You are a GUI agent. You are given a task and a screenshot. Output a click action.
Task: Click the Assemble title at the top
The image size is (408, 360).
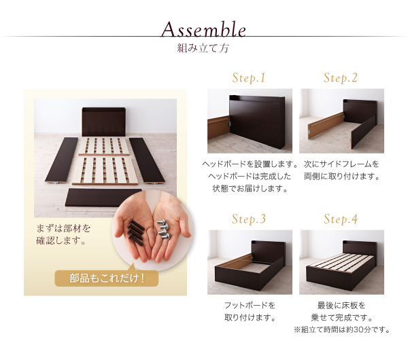click(203, 29)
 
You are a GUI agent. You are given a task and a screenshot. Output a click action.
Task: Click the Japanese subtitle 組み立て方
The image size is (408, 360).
click(203, 48)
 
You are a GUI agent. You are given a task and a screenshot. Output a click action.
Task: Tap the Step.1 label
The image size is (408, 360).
click(249, 78)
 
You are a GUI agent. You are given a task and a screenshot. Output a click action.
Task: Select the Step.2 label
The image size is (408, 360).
click(341, 78)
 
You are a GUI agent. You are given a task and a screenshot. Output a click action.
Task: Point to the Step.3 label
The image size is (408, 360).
click(249, 219)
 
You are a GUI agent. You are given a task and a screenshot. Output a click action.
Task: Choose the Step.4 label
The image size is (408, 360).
click(341, 219)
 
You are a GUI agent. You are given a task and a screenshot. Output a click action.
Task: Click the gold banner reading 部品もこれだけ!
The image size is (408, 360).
click(107, 278)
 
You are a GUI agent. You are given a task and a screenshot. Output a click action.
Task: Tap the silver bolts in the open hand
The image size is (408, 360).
click(164, 230)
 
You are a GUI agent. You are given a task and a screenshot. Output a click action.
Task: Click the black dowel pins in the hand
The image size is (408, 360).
click(136, 232)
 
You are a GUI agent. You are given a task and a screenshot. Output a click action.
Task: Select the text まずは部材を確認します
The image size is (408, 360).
click(63, 234)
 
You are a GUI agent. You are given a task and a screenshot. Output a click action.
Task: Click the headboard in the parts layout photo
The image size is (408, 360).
click(104, 122)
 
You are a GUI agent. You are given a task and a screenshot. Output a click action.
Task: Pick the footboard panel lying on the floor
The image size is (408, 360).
click(103, 198)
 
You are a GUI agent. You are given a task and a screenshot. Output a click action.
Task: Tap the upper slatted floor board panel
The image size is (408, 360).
click(104, 146)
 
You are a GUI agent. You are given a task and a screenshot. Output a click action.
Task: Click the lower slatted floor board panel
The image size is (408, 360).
click(105, 170)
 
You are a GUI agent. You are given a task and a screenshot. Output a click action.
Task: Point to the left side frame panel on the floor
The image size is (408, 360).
click(62, 160)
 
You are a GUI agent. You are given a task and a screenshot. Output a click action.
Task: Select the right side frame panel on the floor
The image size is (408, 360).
click(147, 160)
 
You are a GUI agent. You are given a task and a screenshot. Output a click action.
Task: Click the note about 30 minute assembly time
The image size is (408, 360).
click(342, 330)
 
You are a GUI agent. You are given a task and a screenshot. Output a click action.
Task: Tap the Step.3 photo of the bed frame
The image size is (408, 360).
click(250, 262)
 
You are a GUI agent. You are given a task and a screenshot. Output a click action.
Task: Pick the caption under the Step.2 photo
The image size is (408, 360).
click(341, 170)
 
